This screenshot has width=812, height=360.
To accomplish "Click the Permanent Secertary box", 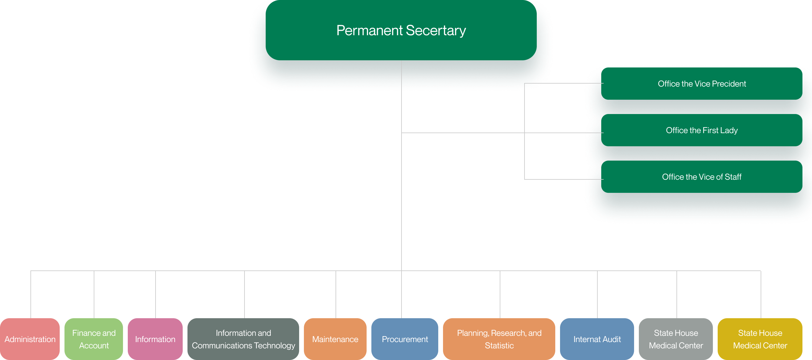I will point(401,30).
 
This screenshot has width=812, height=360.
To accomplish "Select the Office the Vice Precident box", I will point(701,84).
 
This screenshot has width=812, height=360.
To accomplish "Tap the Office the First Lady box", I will point(701,130).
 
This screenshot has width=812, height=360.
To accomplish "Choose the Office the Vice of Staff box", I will point(701,177).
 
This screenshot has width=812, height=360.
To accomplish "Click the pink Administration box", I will point(30,339).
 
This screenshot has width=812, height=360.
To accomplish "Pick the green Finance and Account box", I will point(94,339).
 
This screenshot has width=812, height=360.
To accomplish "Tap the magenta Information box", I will point(155,339).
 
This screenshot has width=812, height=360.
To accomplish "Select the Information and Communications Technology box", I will point(243,339).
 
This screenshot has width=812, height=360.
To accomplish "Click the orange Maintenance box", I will point(335,339).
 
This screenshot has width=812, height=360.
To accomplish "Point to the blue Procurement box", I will point(405,339).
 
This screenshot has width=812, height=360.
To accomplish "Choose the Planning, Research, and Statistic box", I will point(499,339).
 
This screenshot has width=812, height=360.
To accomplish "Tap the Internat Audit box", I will point(597,339).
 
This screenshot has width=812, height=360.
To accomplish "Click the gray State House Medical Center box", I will point(676,339).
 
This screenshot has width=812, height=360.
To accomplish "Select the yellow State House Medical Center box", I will point(760,339).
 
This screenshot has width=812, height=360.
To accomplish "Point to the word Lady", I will point(729,130).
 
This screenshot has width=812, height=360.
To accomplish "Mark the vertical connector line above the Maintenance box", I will point(336,294).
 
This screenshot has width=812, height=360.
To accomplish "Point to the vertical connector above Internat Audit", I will point(597,294).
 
